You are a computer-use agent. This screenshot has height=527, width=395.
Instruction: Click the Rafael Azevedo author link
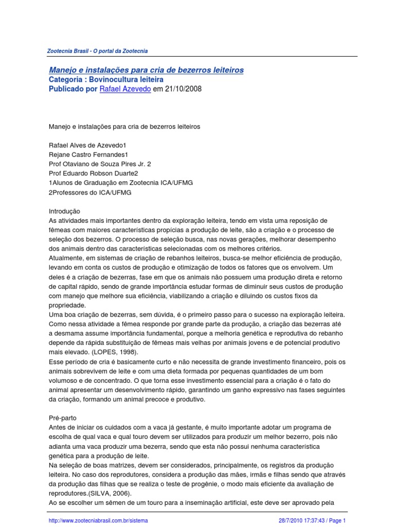125,89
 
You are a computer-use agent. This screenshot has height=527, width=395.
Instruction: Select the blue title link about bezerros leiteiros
146,69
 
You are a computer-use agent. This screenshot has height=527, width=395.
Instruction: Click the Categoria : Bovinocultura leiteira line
106,79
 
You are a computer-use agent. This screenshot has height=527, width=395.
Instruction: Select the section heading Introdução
64,211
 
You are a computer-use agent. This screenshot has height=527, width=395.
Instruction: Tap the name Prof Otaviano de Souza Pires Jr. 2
100,164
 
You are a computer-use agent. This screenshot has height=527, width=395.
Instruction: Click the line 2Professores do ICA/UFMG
90,192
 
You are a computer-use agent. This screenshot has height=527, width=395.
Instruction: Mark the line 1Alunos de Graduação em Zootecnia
121,183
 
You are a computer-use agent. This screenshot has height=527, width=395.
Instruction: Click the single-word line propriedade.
67,305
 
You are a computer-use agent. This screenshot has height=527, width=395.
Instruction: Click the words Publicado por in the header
73,89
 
